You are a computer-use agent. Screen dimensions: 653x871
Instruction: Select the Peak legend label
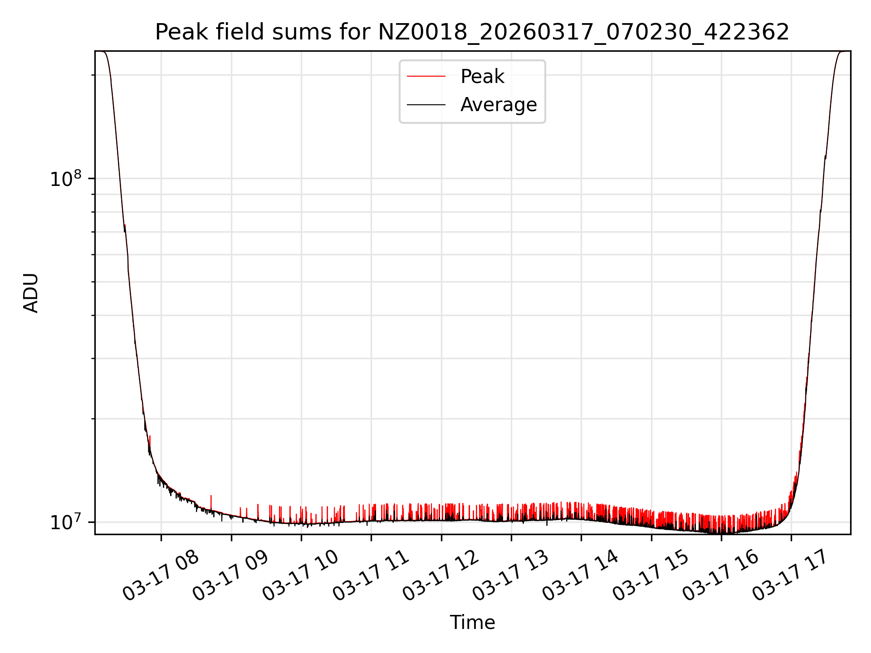click(482, 77)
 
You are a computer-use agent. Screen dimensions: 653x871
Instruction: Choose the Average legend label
click(498, 105)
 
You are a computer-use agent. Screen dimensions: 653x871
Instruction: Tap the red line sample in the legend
click(426, 77)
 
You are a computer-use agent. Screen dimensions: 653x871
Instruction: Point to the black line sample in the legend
click(426, 105)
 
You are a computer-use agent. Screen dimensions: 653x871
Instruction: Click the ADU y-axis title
click(31, 293)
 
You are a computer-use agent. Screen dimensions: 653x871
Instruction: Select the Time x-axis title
click(472, 623)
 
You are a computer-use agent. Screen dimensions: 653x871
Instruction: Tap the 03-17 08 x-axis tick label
click(161, 576)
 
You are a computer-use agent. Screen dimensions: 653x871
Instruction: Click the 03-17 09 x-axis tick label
click(230, 576)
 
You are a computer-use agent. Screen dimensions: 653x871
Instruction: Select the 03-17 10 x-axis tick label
click(300, 576)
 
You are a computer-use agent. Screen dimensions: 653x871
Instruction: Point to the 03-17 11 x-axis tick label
click(371, 576)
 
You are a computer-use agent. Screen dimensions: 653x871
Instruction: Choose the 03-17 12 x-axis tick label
click(440, 576)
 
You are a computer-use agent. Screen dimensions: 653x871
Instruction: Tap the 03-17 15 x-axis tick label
click(651, 576)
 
